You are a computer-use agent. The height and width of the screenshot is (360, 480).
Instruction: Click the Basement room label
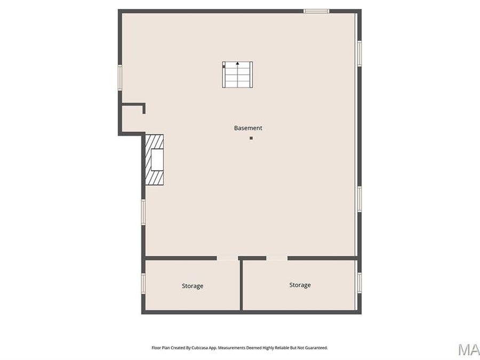[248, 128]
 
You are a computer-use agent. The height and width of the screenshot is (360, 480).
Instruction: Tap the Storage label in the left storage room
[192, 286]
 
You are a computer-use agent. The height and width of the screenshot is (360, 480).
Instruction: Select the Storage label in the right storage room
[300, 285]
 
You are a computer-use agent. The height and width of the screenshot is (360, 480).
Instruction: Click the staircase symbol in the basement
[237, 75]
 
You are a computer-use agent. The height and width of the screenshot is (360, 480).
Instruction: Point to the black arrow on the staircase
[237, 63]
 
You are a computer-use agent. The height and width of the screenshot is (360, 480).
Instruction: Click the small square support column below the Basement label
[251, 138]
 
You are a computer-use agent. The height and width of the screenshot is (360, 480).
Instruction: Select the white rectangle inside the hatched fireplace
[156, 160]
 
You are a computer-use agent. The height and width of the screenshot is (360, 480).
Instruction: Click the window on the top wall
[316, 11]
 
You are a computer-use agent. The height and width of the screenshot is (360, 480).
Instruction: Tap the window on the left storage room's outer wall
[143, 283]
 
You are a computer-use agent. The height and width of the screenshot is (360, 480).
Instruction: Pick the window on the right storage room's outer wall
[359, 283]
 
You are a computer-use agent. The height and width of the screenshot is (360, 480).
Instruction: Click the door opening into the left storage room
[227, 258]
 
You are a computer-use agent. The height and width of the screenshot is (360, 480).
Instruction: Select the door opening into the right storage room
[277, 258]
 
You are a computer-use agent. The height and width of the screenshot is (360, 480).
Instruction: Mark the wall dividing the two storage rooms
[241, 285]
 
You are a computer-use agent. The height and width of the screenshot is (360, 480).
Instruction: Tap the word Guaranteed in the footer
[314, 348]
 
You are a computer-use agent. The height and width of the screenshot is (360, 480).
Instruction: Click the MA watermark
[469, 349]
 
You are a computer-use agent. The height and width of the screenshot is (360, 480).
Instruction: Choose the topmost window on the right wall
[359, 53]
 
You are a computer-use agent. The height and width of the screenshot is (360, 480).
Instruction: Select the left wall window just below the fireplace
[143, 211]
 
